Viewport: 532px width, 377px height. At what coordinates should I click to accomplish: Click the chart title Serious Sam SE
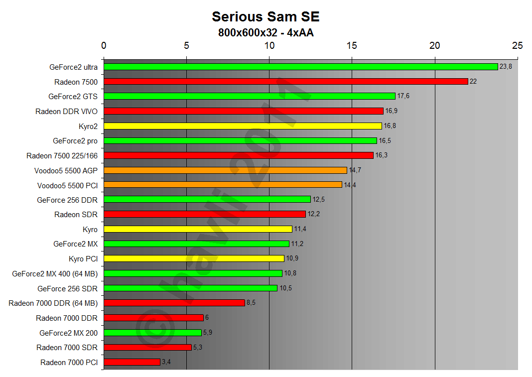pos(266,16)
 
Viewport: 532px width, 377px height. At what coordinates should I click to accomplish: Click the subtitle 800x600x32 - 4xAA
pos(266,33)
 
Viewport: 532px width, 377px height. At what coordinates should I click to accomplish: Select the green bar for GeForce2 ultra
pos(301,67)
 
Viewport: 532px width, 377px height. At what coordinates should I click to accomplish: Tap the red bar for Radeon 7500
pos(286,81)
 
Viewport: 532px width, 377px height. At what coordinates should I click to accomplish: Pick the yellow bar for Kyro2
pos(243,126)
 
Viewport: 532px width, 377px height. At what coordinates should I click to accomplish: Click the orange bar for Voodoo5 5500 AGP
pos(225,170)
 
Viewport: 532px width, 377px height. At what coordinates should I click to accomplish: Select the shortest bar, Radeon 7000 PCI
pos(132,362)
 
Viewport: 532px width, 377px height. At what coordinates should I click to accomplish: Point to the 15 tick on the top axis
pos(352,46)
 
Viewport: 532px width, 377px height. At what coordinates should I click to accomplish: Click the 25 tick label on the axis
pos(518,46)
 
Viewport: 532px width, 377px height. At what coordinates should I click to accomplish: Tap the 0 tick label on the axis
pos(104,46)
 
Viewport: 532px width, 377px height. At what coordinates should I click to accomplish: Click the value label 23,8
pos(506,67)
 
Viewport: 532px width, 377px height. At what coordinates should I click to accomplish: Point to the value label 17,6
pos(403,96)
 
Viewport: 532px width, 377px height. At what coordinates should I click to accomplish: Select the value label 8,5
pos(252,303)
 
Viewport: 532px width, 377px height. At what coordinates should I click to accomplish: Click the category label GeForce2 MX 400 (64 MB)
pos(55,273)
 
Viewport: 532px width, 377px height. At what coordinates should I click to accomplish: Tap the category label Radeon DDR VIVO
pos(66,111)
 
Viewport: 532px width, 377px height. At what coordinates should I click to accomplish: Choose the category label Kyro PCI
pos(83,258)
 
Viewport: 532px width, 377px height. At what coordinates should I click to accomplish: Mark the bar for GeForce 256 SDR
pos(190,288)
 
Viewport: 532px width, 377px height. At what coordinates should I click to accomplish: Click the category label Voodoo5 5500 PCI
pos(67,185)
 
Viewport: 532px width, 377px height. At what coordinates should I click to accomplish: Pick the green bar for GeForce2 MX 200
pos(152,332)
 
